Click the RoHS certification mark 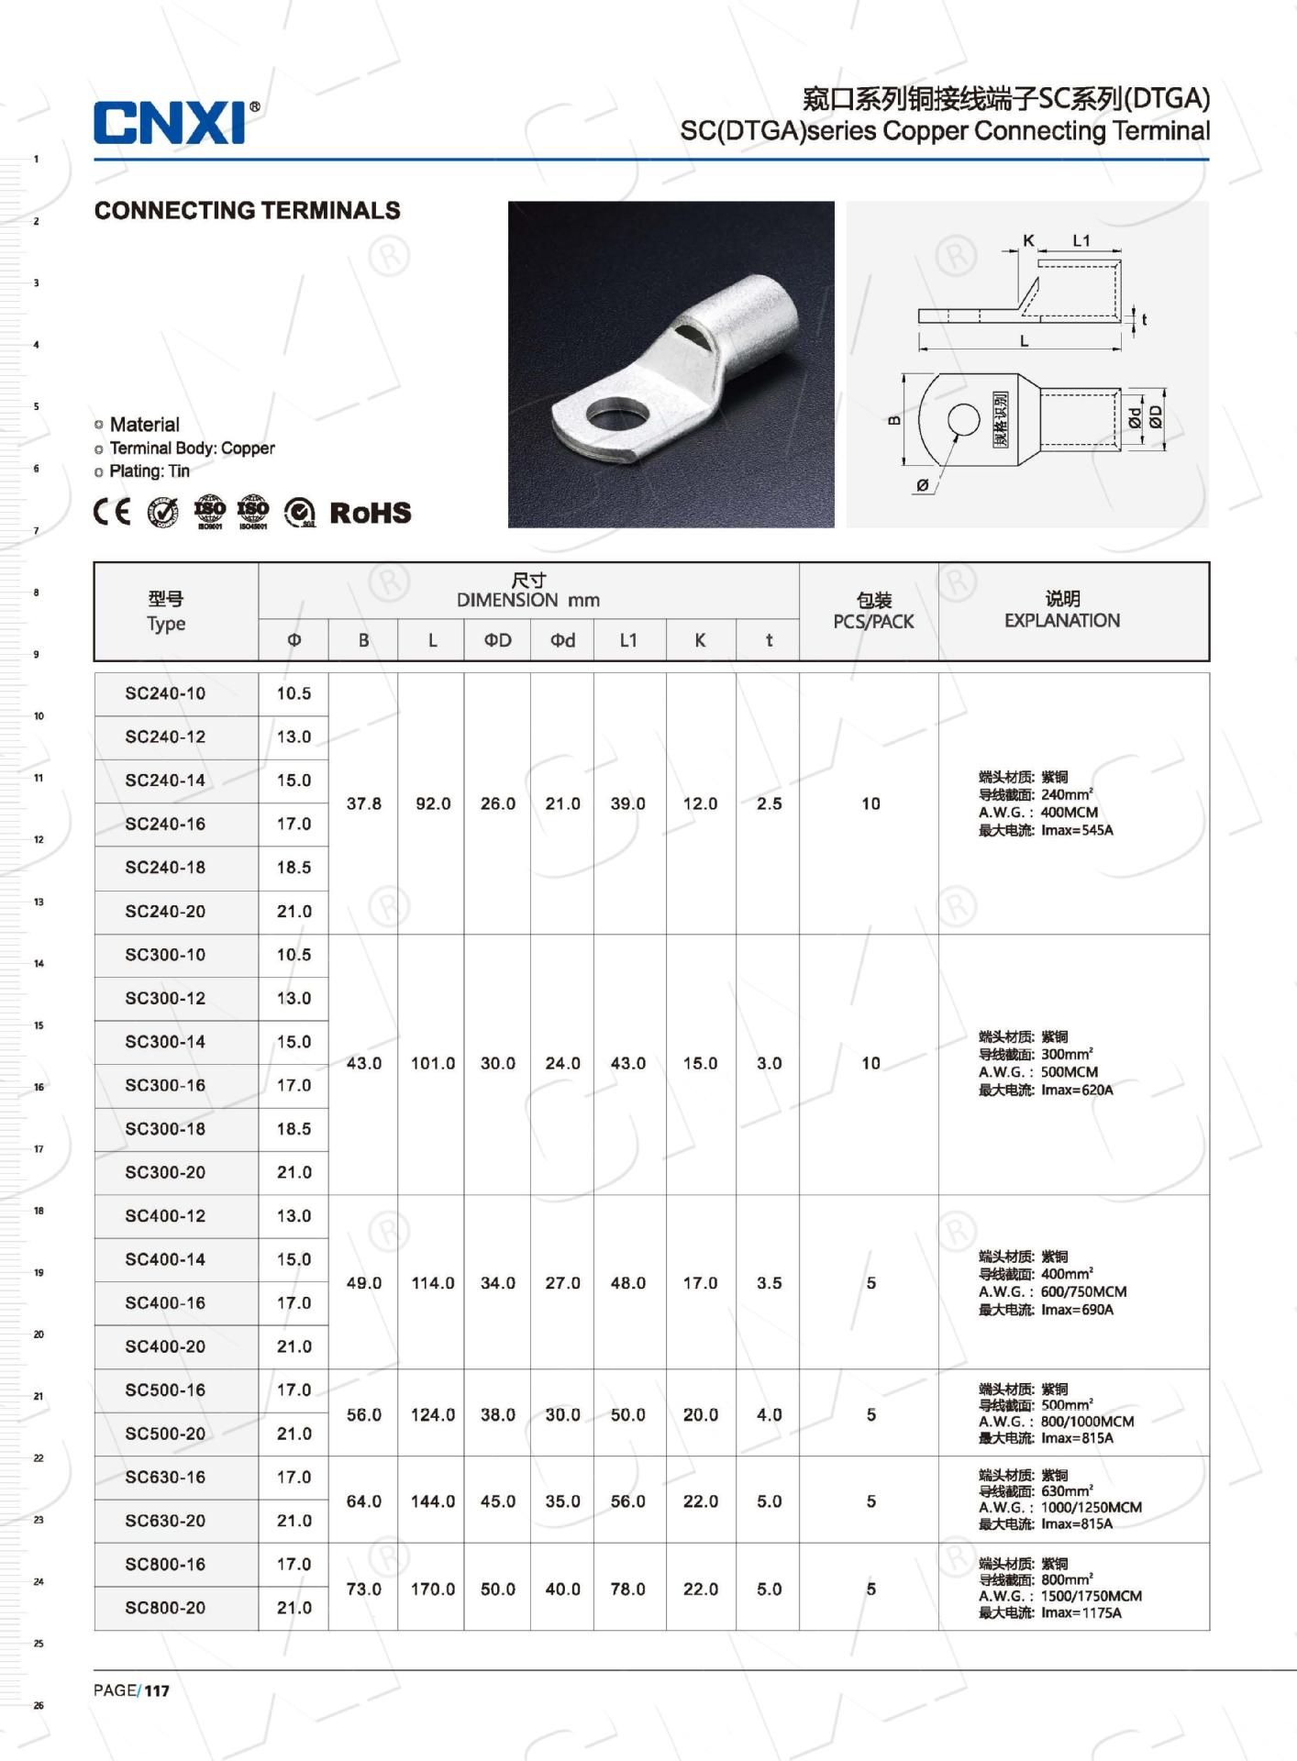[x=370, y=513]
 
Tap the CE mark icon [x=112, y=512]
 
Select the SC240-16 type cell [x=165, y=824]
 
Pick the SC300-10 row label [x=165, y=955]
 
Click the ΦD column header [x=497, y=640]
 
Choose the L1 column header [x=628, y=640]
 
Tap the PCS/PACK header [x=873, y=622]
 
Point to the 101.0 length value [x=433, y=1063]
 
